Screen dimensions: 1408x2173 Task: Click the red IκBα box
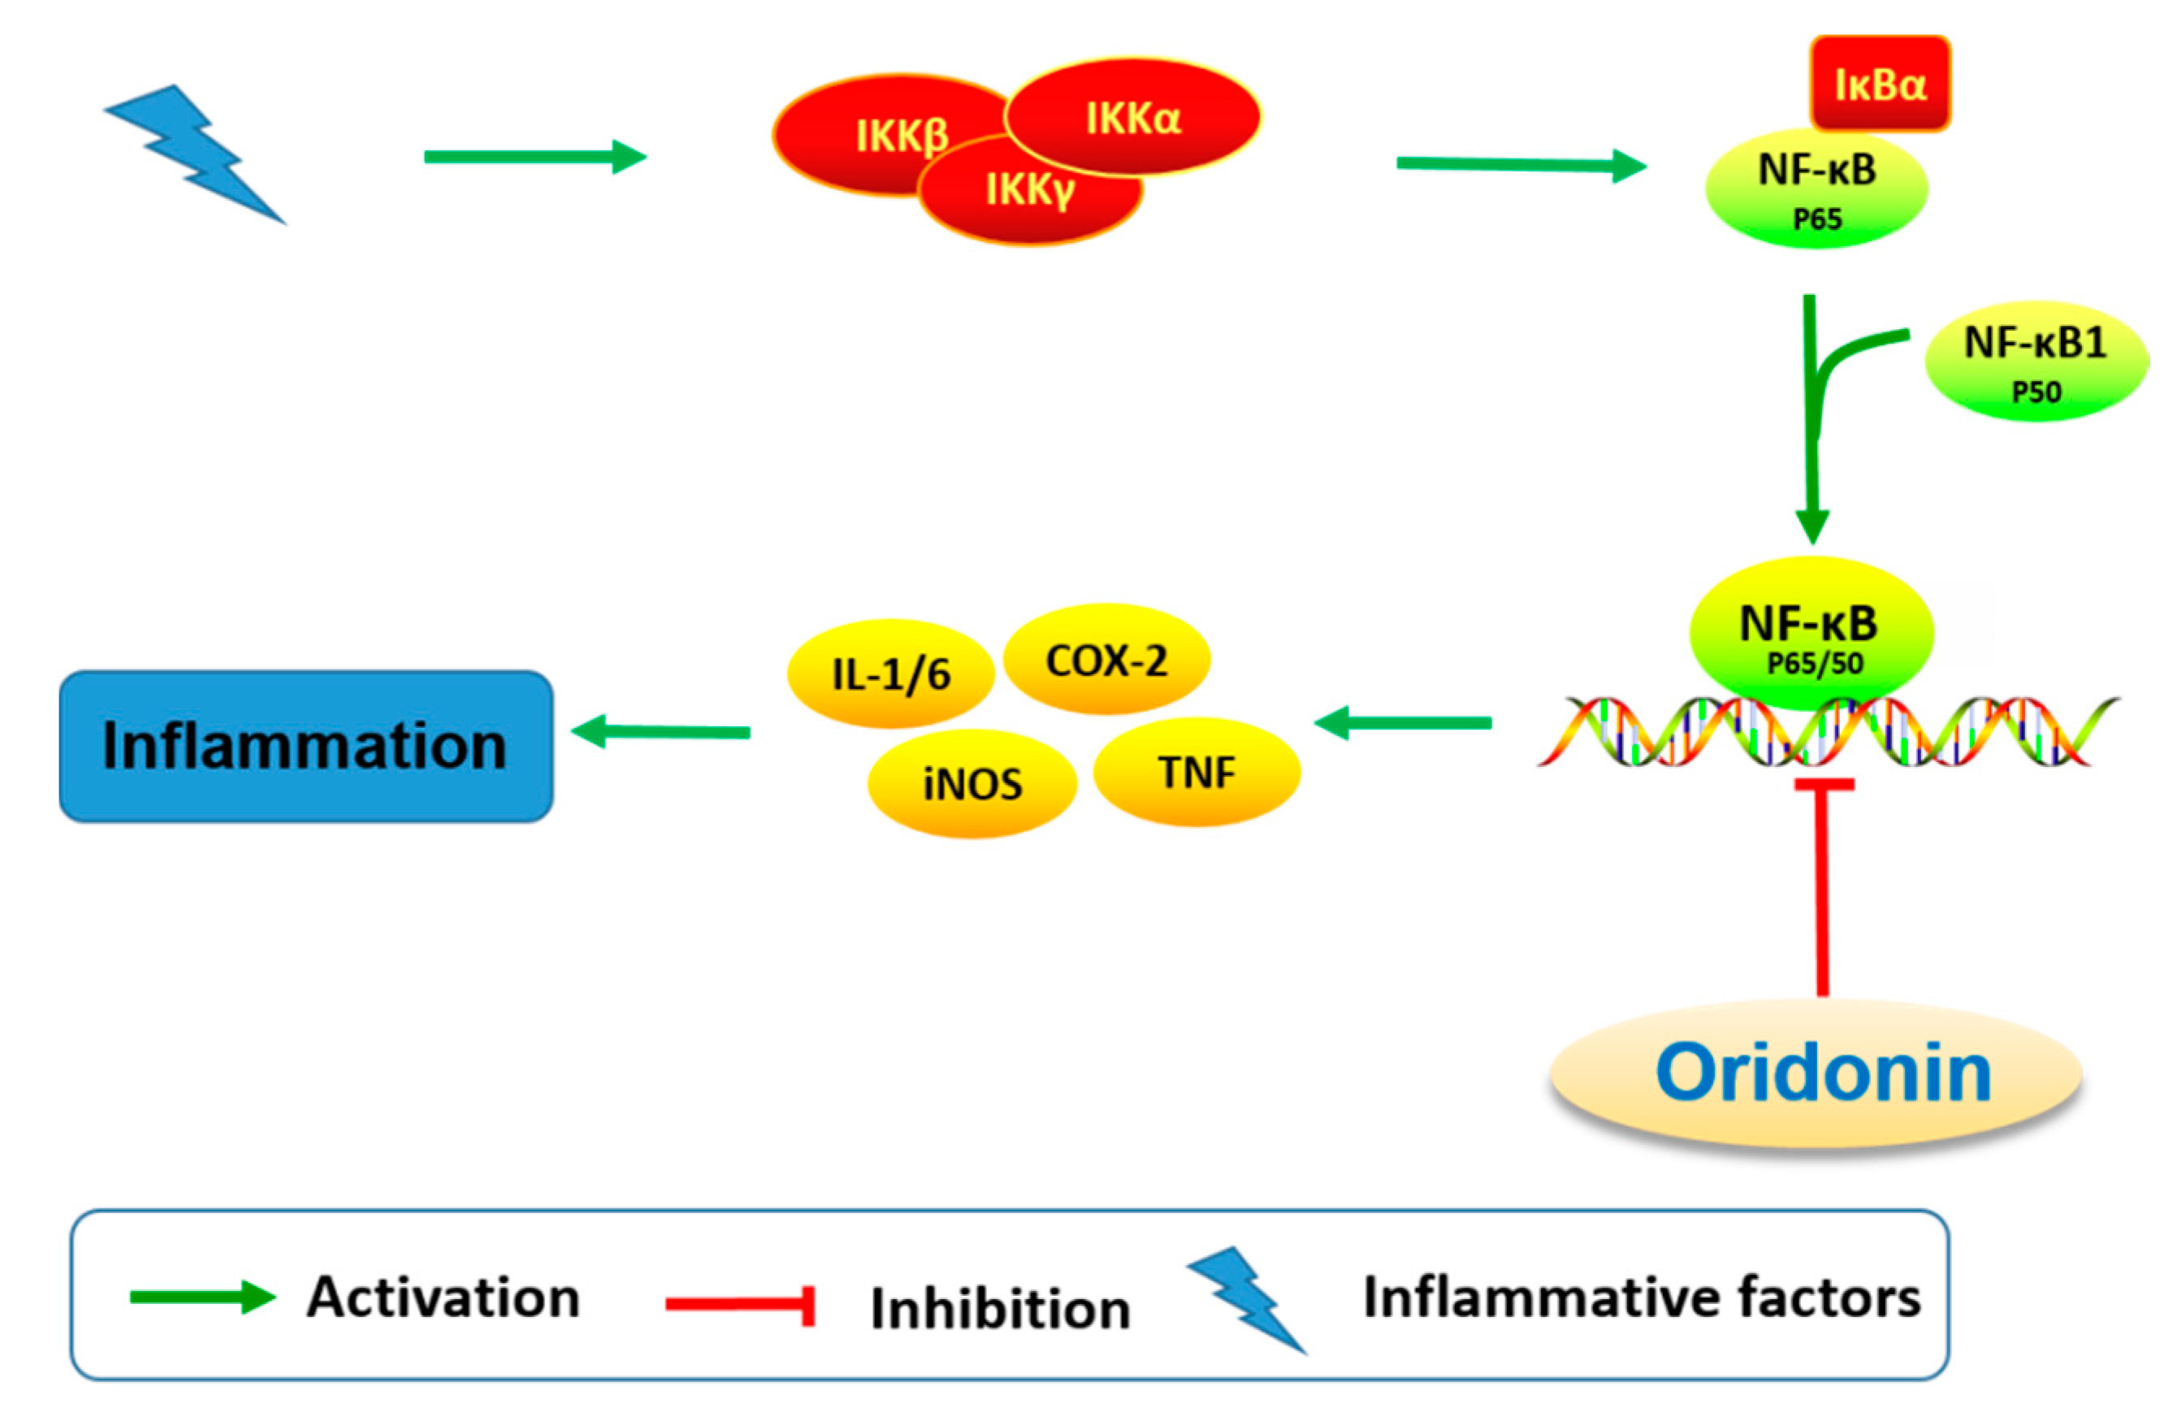point(1880,84)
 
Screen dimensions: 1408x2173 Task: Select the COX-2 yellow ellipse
point(1106,659)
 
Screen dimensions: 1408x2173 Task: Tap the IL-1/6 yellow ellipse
point(890,674)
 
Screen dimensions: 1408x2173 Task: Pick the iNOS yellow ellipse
point(972,783)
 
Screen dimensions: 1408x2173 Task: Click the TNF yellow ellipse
point(1197,773)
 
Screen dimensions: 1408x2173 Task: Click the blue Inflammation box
point(306,746)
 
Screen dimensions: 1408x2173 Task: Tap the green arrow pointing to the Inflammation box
point(661,731)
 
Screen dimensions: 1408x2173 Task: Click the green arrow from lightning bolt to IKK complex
point(535,157)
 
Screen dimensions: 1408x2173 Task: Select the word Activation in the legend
point(444,1298)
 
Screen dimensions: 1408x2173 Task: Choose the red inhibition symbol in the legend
point(739,1304)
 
